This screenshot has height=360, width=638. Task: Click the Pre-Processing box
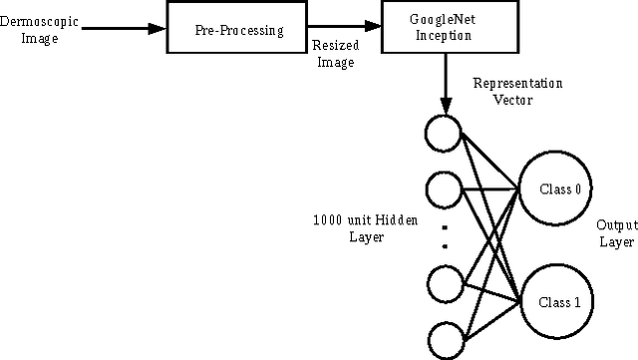pos(238,30)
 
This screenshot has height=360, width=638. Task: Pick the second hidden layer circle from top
pos(442,188)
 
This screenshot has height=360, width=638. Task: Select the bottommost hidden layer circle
pos(442,339)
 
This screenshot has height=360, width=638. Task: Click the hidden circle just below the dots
pos(442,283)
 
